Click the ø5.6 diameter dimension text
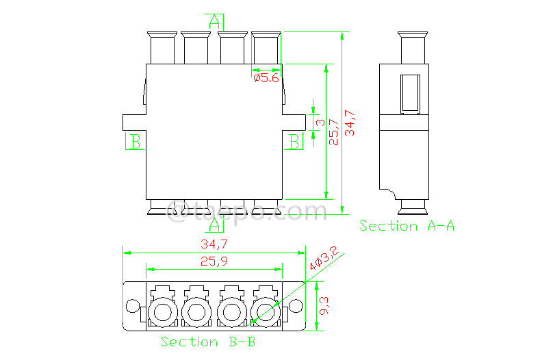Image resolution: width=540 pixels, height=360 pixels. (266, 79)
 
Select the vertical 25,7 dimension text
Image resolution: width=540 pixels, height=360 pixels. (334, 129)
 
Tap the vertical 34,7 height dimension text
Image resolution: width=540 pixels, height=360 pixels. (350, 123)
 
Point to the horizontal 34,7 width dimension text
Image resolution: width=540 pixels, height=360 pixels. (214, 244)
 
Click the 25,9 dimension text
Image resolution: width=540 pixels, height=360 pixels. (214, 261)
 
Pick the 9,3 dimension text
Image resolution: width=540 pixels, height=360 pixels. (325, 306)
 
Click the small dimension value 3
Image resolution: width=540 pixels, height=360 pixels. (320, 123)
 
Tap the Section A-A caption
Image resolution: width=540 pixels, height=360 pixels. (407, 226)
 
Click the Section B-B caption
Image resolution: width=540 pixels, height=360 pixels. (208, 342)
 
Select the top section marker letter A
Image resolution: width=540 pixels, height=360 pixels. (215, 21)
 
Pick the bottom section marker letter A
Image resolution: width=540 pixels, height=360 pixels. (215, 223)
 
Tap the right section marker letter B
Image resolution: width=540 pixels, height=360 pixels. (294, 142)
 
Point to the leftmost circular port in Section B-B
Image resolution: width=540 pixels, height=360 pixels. (163, 313)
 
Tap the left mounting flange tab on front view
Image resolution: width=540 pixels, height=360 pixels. (133, 122)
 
